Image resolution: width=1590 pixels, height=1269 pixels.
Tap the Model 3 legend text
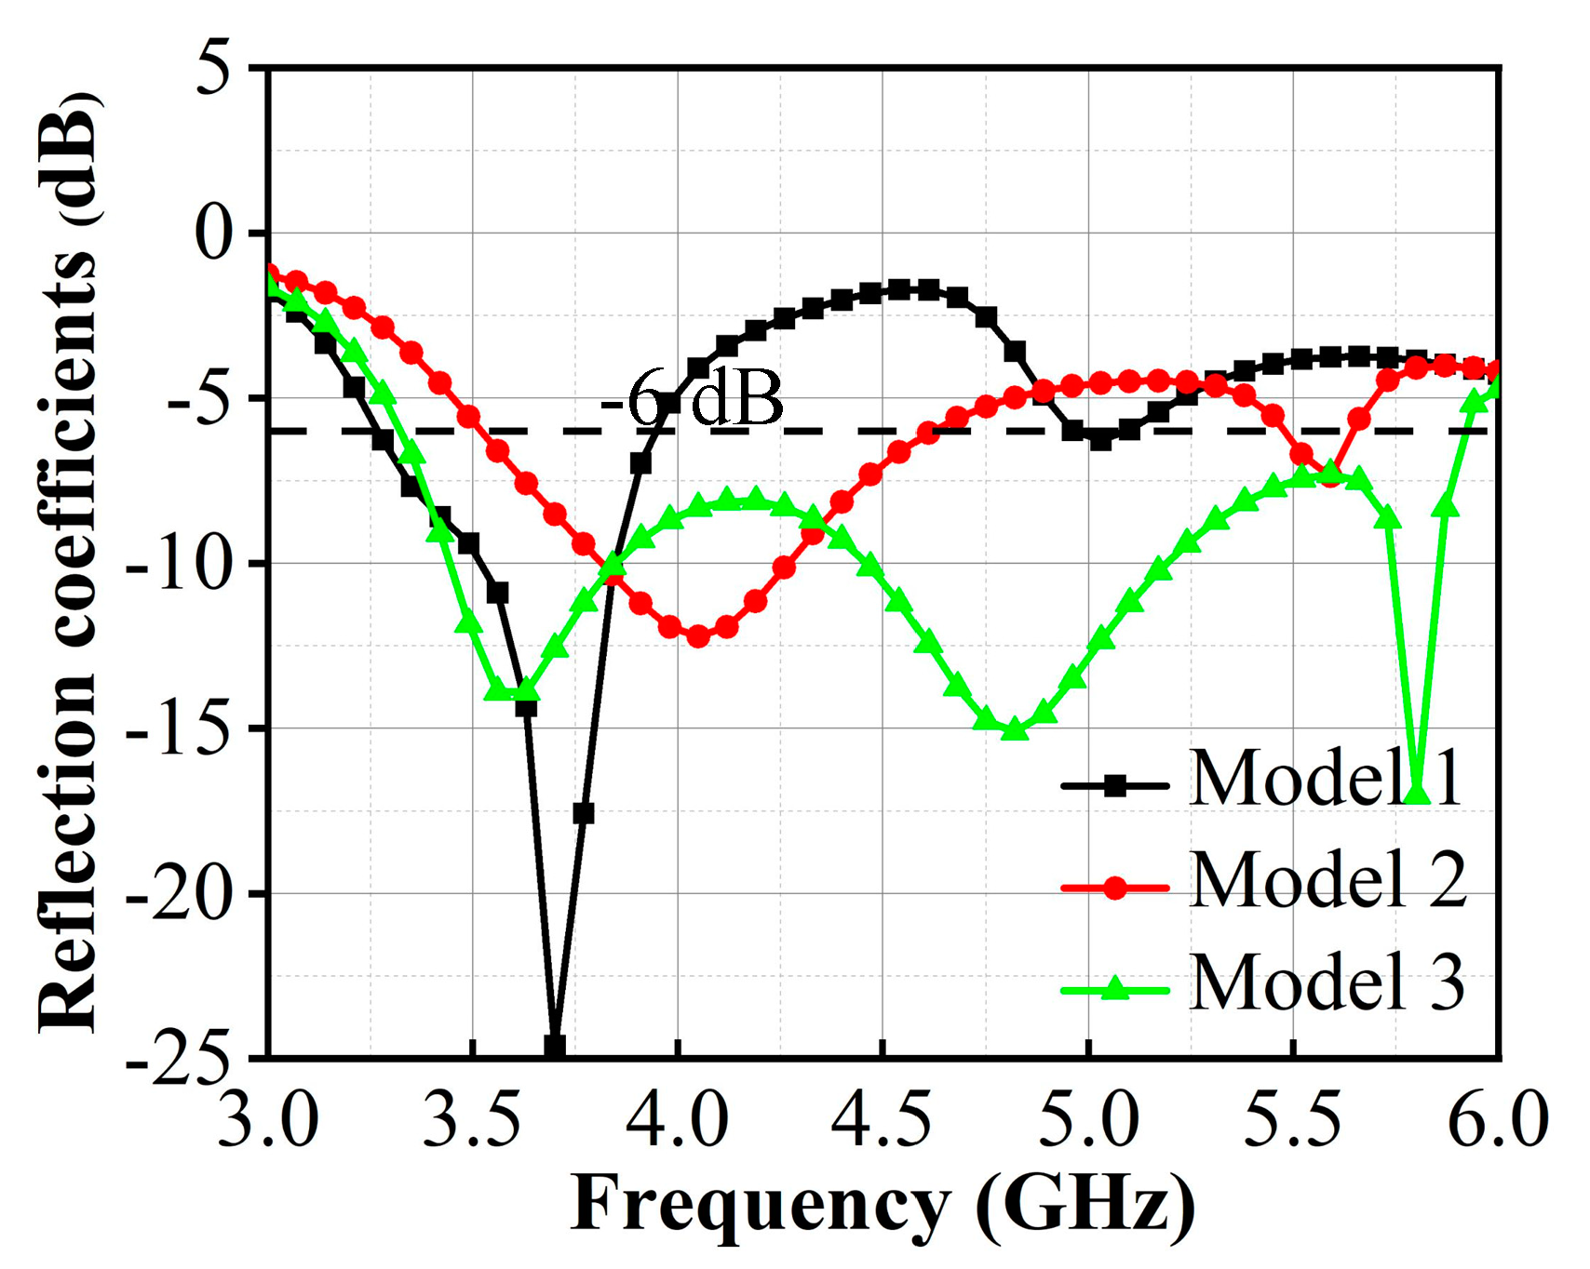[x=1327, y=983]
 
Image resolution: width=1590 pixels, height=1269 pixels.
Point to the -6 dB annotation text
[x=691, y=398]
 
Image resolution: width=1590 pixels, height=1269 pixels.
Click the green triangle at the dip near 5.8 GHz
[x=1416, y=794]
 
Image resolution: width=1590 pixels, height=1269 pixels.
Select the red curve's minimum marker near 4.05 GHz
[x=698, y=637]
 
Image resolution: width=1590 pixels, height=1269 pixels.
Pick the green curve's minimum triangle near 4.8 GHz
[x=1015, y=730]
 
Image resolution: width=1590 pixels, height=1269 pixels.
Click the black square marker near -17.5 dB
[x=584, y=813]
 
